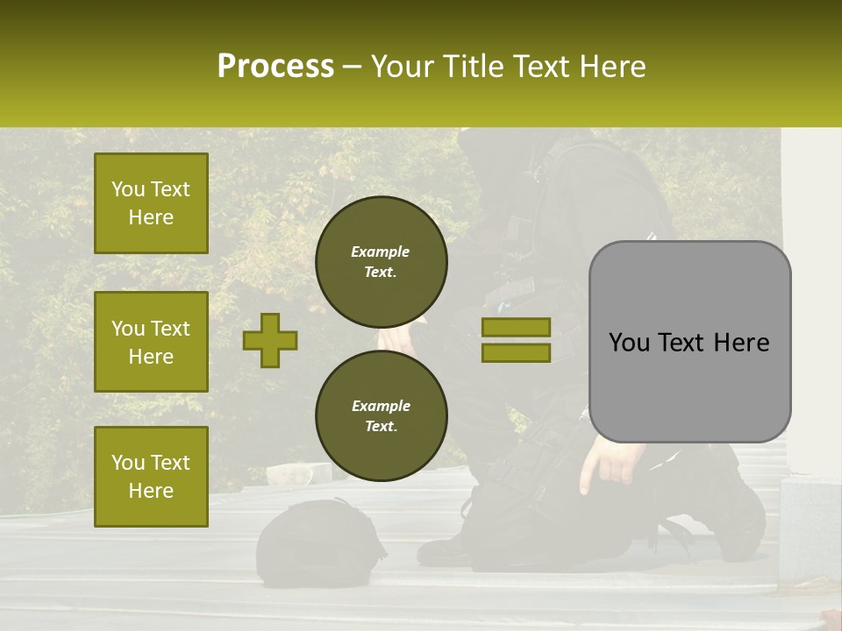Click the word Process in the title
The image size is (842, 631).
[275, 67]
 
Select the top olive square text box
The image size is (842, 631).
[151, 203]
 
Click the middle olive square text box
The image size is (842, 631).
[151, 342]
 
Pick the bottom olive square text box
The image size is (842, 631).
[151, 476]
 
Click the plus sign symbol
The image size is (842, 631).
[269, 340]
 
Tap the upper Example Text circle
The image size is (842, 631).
[381, 262]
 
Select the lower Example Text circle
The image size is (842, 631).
[381, 416]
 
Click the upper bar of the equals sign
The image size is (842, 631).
[516, 327]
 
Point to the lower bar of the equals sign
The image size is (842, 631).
[516, 353]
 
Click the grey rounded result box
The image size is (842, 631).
[689, 342]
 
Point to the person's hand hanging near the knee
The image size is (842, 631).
[605, 460]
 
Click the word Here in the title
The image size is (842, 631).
[613, 67]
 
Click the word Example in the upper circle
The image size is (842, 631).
[381, 252]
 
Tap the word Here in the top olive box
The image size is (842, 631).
[151, 217]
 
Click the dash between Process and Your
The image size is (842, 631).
[353, 67]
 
